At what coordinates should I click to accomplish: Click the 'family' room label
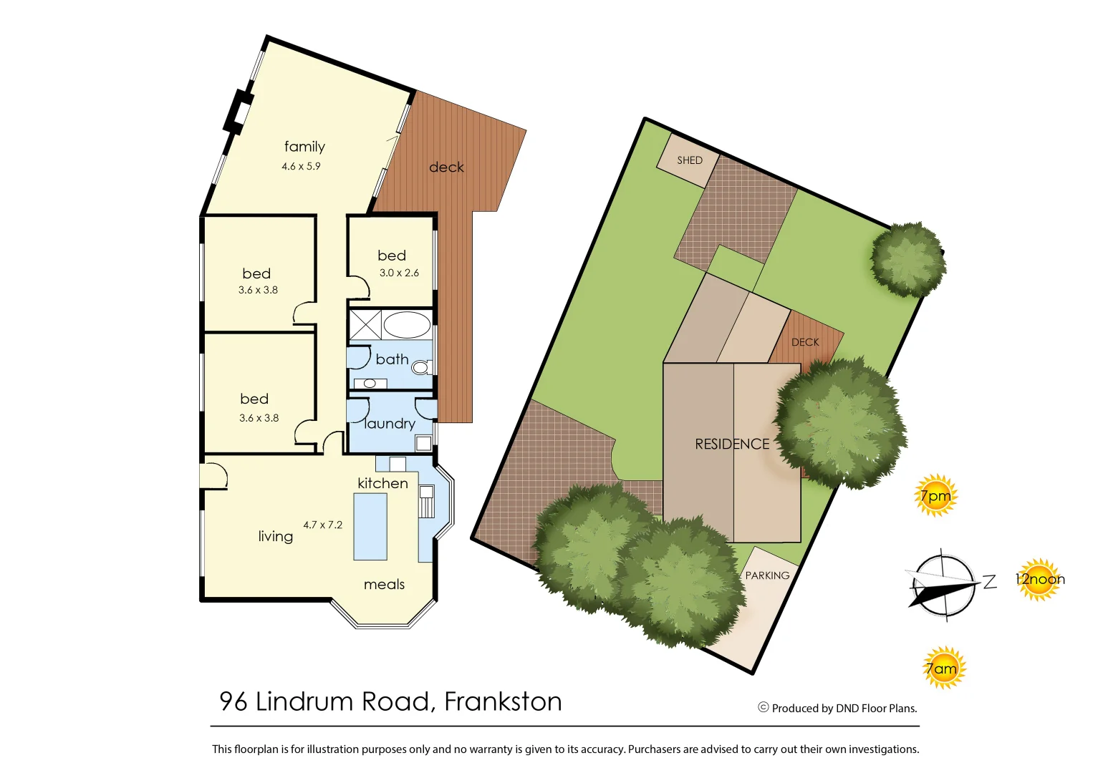pos(304,147)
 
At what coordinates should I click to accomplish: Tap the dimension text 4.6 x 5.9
pos(301,166)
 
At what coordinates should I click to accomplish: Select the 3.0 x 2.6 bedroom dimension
pos(399,273)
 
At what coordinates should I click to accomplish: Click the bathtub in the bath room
pos(406,325)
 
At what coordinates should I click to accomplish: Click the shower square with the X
pos(365,325)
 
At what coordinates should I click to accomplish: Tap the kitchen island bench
pos(370,527)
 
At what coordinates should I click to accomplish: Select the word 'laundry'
pos(389,424)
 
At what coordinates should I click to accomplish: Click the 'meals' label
pos(384,585)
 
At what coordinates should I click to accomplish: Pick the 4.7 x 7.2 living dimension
pos(322,525)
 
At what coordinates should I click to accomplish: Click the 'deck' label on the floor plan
pos(446,167)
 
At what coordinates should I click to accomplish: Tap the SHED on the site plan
pos(689,160)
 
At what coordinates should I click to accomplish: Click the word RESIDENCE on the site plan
pos(732,444)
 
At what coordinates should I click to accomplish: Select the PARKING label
pos(767,575)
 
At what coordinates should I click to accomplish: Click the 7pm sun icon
pos(935,495)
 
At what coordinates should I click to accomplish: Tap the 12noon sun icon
pos(1039,579)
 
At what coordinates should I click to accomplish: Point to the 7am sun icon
pos(942,669)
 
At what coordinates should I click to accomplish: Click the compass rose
pos(944,585)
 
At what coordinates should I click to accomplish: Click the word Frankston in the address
pos(503,701)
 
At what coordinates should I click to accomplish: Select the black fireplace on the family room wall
pos(237,112)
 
